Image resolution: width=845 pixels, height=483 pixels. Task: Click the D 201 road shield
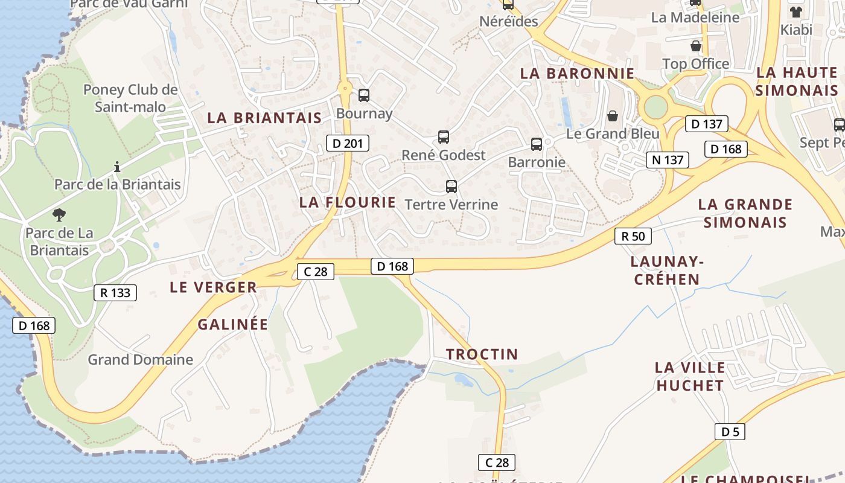click(x=347, y=143)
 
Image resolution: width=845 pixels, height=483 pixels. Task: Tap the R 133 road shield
click(x=115, y=293)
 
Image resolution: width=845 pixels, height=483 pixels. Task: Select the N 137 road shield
click(x=668, y=160)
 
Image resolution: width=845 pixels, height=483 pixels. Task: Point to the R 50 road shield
click(x=633, y=236)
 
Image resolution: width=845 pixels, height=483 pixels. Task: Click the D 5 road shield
click(x=730, y=432)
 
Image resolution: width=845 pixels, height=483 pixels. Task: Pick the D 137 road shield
click(x=706, y=124)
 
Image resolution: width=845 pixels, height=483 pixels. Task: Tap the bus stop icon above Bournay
click(x=363, y=95)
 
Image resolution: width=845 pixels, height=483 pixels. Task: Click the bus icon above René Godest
click(x=444, y=136)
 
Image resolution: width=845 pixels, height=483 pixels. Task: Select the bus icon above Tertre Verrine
click(x=451, y=186)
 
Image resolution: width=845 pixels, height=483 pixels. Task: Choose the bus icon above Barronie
click(x=536, y=144)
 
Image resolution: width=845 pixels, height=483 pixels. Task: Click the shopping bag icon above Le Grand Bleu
click(x=613, y=115)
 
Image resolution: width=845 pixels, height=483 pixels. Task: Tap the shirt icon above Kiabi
click(x=796, y=11)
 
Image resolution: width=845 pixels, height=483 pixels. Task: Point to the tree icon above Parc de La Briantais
click(x=59, y=214)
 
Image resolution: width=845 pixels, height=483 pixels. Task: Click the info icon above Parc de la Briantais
click(x=117, y=166)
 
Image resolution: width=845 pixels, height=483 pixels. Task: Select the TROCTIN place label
click(x=482, y=354)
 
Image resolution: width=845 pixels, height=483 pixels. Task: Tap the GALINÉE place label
click(x=232, y=324)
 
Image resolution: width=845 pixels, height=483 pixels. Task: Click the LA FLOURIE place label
click(x=348, y=202)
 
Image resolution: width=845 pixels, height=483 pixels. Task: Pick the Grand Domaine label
click(x=141, y=360)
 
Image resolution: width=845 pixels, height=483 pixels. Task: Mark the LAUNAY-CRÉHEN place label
click(x=667, y=270)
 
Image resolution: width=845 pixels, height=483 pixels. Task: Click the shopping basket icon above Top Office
click(x=695, y=46)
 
